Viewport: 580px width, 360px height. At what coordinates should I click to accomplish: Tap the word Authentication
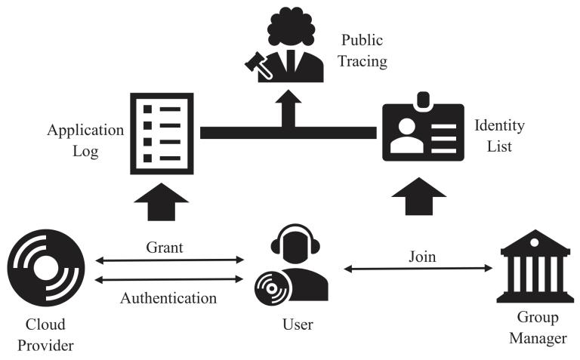tap(168, 298)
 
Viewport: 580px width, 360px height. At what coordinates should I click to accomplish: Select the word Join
tap(421, 256)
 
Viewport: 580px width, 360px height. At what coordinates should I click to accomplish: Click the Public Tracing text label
tap(363, 50)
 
